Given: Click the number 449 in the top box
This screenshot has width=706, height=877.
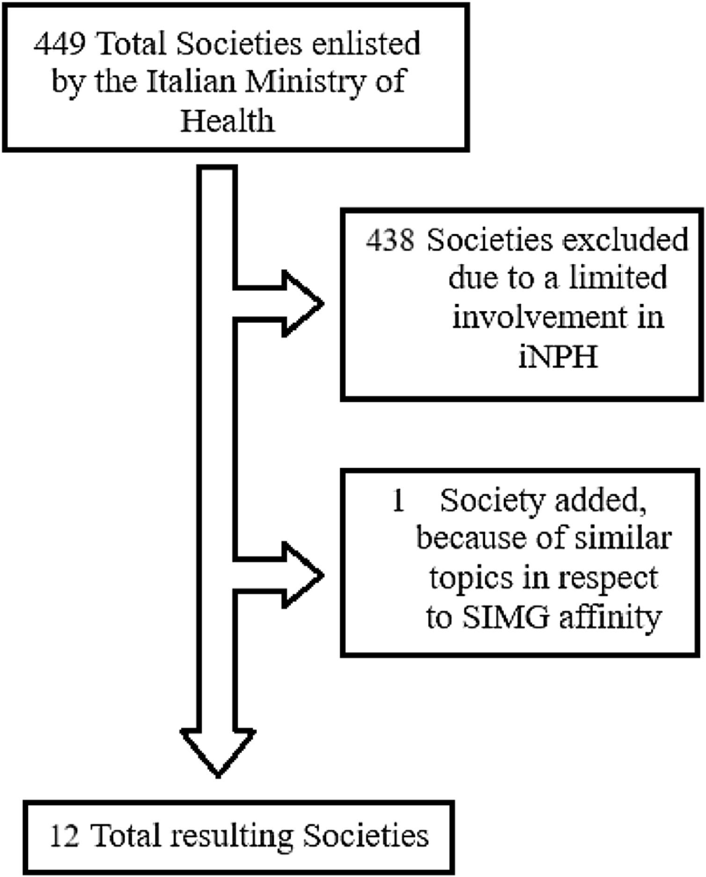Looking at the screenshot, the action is (59, 44).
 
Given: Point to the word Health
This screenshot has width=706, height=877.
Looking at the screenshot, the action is (227, 120).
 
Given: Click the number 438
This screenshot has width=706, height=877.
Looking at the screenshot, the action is (390, 240).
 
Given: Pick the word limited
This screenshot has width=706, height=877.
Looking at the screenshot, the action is (618, 278).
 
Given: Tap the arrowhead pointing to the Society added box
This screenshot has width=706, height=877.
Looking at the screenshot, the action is (304, 575).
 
